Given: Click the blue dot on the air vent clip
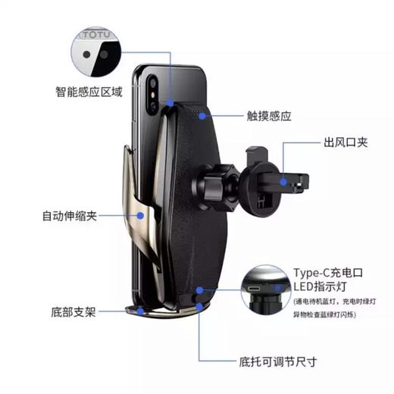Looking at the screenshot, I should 283,180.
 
